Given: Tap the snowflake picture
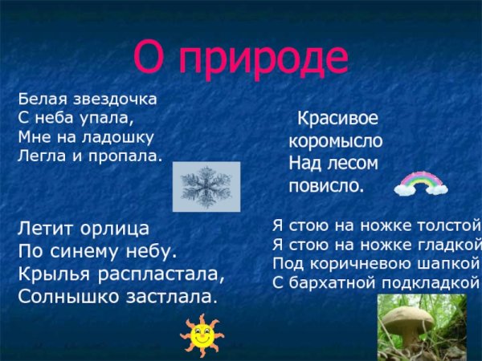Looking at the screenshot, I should (206, 187).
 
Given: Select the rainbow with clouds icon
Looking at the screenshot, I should (421, 184).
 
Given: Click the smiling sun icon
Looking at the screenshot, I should (202, 335).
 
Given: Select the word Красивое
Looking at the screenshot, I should (337, 119).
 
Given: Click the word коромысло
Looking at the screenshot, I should (336, 141).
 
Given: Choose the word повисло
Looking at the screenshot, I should (326, 186).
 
